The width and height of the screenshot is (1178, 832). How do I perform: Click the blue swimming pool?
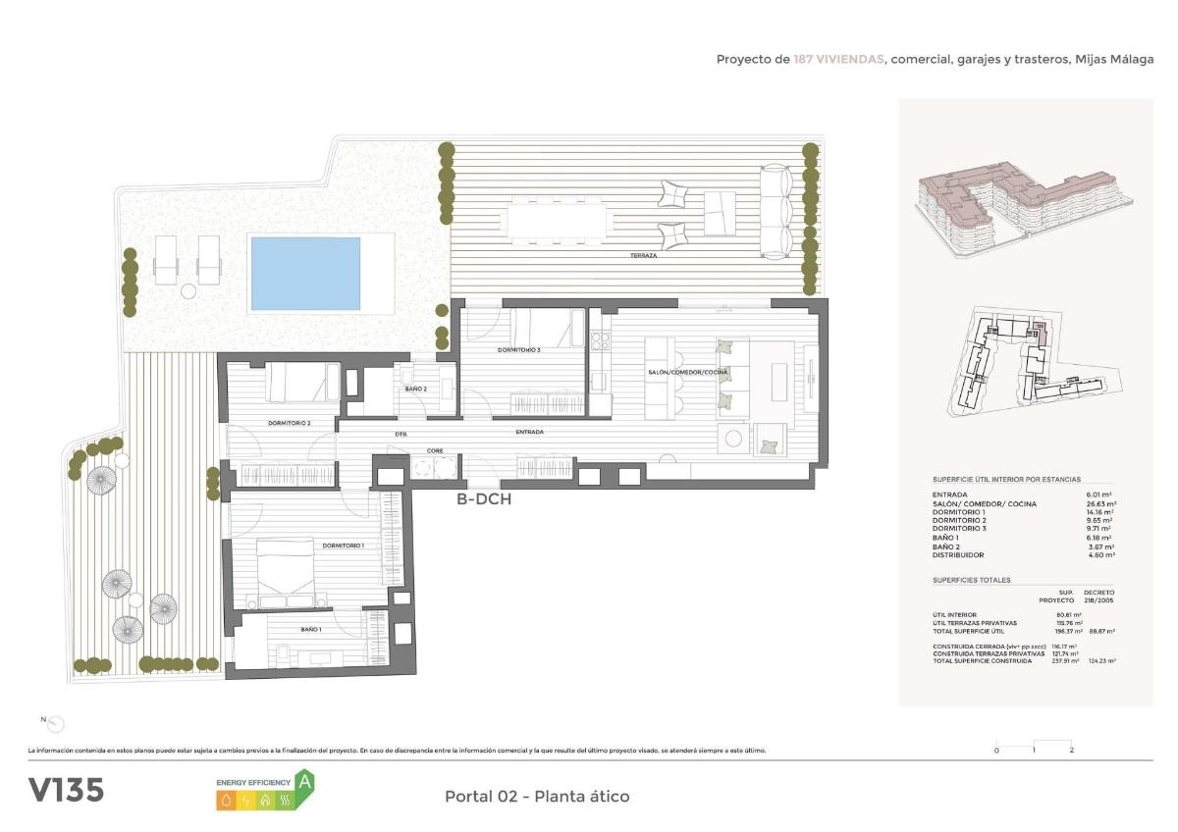305,273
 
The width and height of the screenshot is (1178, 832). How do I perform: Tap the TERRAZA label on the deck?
644,255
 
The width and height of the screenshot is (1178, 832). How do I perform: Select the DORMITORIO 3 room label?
519,350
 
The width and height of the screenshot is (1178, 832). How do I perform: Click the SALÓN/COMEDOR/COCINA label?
687,373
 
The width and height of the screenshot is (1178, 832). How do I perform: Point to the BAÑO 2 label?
415,389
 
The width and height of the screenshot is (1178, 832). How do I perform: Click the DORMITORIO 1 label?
344,546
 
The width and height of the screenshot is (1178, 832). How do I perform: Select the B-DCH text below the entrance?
484,499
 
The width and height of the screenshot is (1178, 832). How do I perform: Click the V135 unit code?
66,791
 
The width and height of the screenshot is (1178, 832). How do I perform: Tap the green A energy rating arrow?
305,782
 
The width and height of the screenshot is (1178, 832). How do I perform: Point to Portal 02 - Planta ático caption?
537,797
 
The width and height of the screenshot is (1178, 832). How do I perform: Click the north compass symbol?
56,724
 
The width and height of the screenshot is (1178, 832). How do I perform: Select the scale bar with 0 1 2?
1034,745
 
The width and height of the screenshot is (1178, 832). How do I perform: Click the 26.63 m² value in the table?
1102,503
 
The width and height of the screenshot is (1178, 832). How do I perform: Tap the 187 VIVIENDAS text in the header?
838,60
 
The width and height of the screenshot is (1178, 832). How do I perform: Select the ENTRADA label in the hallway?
530,432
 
